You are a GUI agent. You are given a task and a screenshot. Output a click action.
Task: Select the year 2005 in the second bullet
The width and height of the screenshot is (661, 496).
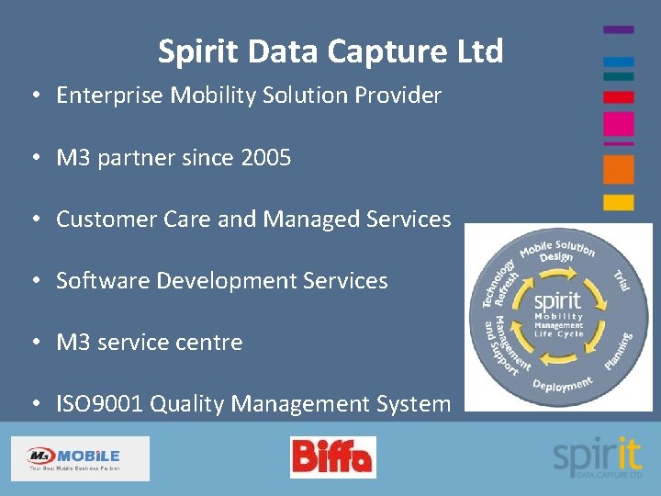265,158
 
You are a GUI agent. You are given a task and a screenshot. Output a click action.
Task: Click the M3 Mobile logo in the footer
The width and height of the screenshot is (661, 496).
79,457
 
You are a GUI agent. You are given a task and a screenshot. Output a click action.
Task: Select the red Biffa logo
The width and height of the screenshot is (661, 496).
332,457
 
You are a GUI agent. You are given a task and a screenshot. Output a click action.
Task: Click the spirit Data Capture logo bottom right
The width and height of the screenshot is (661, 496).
597,457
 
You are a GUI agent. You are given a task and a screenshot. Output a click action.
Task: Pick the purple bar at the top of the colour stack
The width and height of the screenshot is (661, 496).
618,29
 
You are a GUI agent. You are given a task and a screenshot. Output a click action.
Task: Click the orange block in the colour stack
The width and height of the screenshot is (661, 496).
618,169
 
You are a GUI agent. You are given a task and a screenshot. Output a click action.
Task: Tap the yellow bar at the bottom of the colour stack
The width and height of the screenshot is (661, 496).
618,201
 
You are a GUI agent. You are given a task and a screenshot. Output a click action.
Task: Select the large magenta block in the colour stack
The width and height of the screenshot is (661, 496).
618,124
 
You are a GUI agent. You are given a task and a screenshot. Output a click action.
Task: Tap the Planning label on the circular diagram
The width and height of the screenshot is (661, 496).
619,350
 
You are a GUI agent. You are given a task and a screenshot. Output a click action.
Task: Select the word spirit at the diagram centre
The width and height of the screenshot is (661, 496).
557,300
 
